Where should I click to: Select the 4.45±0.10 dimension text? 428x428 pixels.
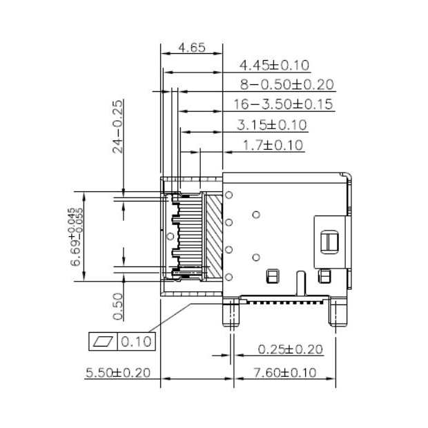click(x=273, y=66)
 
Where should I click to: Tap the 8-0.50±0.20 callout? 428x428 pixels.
click(x=286, y=85)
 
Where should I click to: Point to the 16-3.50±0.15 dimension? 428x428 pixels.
click(x=283, y=105)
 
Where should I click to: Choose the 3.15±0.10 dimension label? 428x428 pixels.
click(x=271, y=125)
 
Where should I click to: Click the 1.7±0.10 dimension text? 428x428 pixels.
click(x=273, y=145)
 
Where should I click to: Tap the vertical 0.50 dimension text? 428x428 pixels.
click(x=118, y=307)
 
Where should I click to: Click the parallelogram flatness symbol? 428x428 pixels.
click(x=105, y=341)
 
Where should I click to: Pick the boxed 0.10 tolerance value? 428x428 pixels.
click(x=137, y=341)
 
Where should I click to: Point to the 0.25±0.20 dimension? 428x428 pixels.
click(x=290, y=349)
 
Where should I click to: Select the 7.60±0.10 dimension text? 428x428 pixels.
click(x=285, y=373)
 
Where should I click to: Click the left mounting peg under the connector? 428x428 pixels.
click(x=229, y=314)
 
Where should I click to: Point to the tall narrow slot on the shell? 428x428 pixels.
click(x=300, y=284)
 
